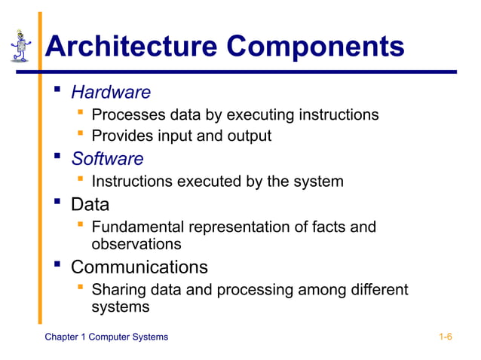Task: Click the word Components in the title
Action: [316, 47]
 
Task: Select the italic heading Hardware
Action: [111, 93]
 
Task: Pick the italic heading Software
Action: [107, 159]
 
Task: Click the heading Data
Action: [90, 204]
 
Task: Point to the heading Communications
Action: [139, 267]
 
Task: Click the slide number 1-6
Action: [445, 337]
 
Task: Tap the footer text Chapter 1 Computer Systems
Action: [106, 337]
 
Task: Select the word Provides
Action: [120, 136]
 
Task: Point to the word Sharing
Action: [117, 290]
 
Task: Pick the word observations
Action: [136, 244]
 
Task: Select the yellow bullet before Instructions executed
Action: [80, 180]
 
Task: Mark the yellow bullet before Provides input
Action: [80, 135]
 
